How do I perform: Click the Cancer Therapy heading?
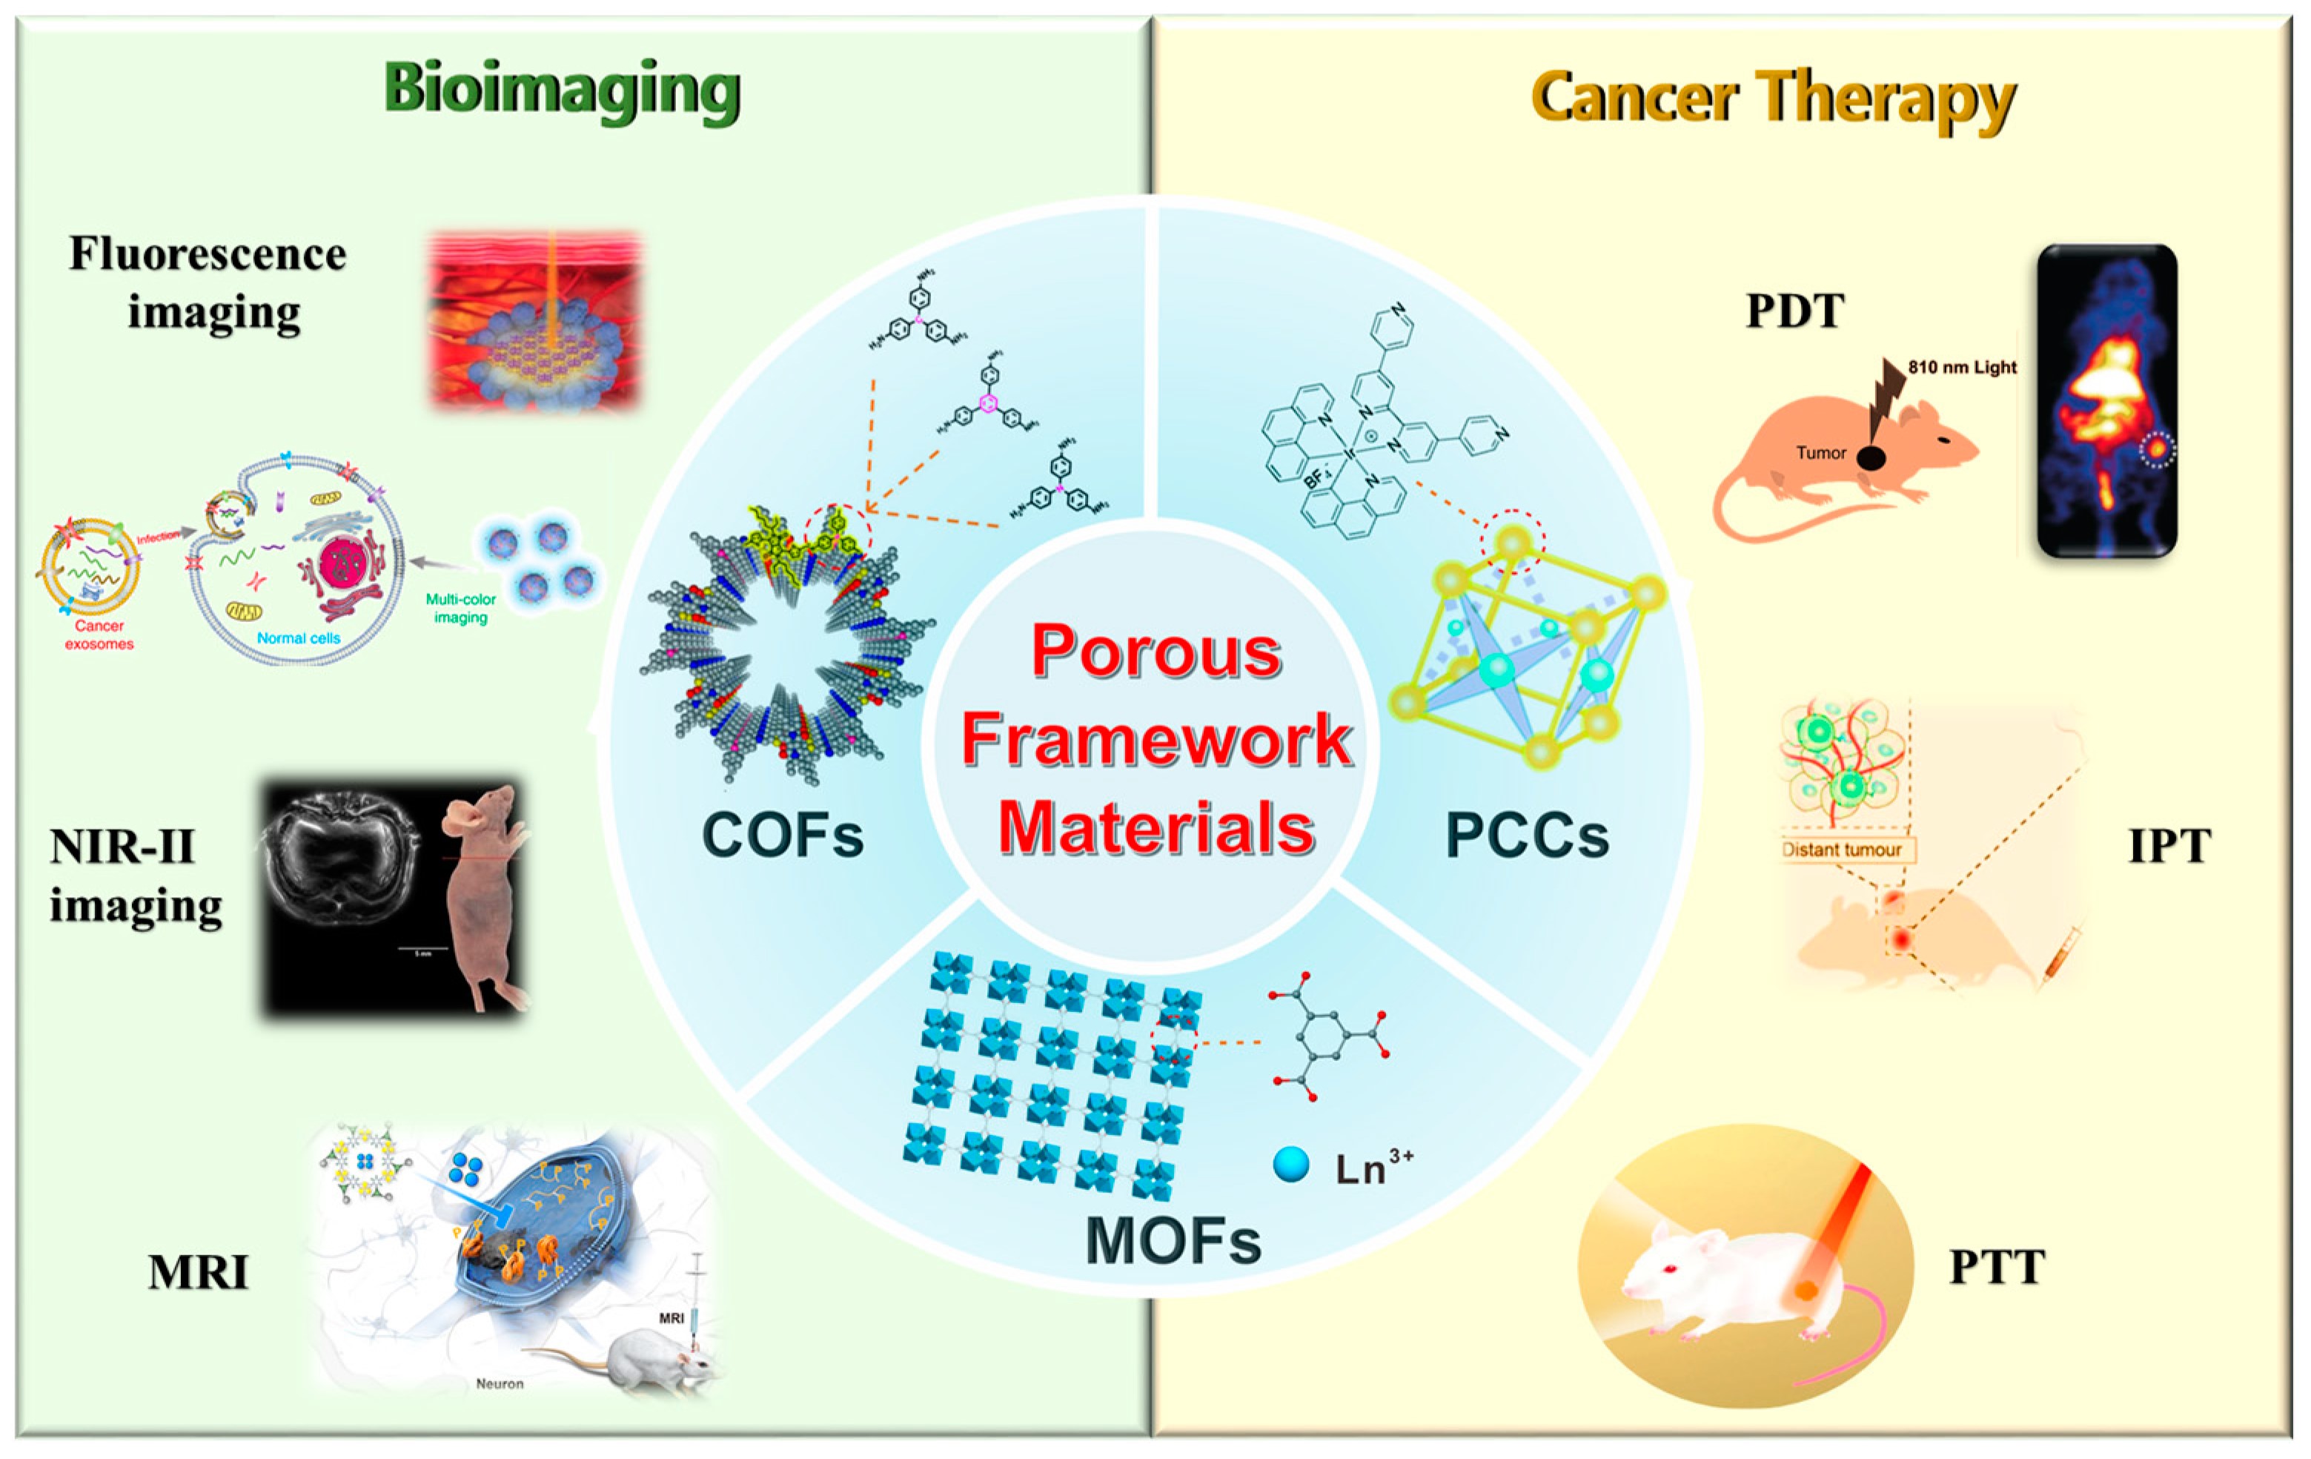coord(1774,99)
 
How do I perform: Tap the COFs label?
coord(782,834)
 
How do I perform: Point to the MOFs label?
coord(1173,1240)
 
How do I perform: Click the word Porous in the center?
coord(1156,652)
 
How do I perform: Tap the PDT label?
coord(1794,311)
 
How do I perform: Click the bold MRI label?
coord(199,1272)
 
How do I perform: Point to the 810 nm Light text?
coord(1962,367)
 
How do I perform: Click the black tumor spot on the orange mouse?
coord(1869,458)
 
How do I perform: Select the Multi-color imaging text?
coord(461,608)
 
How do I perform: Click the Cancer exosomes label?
coord(99,635)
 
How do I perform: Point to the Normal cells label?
coord(299,638)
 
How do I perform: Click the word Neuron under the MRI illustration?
coord(500,1383)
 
